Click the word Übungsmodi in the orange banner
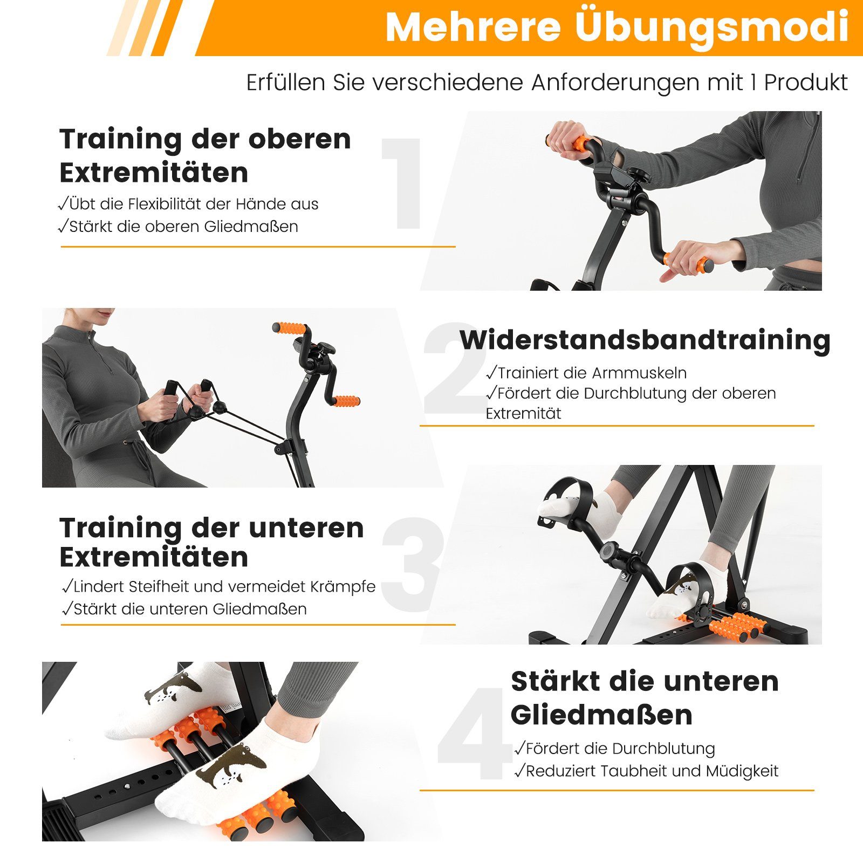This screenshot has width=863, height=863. point(712,27)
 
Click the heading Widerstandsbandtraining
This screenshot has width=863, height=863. point(645,340)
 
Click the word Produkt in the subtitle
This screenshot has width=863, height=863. point(806,83)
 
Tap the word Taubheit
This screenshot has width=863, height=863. point(634,771)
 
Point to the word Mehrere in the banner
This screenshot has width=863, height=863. point(473,27)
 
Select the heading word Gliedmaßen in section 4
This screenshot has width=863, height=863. point(601,715)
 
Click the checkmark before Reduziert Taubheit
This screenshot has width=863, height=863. point(519,771)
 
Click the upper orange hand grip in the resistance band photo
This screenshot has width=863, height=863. point(290,328)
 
